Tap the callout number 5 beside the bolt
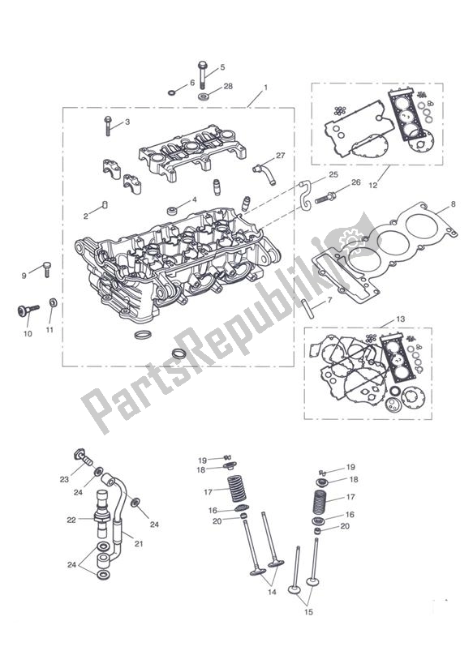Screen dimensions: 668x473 pos(222,67)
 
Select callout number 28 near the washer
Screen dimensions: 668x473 pos(228,86)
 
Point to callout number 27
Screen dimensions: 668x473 pos(281,155)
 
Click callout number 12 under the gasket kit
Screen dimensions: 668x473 pos(372,186)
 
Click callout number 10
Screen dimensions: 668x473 pos(28,333)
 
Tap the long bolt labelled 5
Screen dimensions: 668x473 pos(200,79)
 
